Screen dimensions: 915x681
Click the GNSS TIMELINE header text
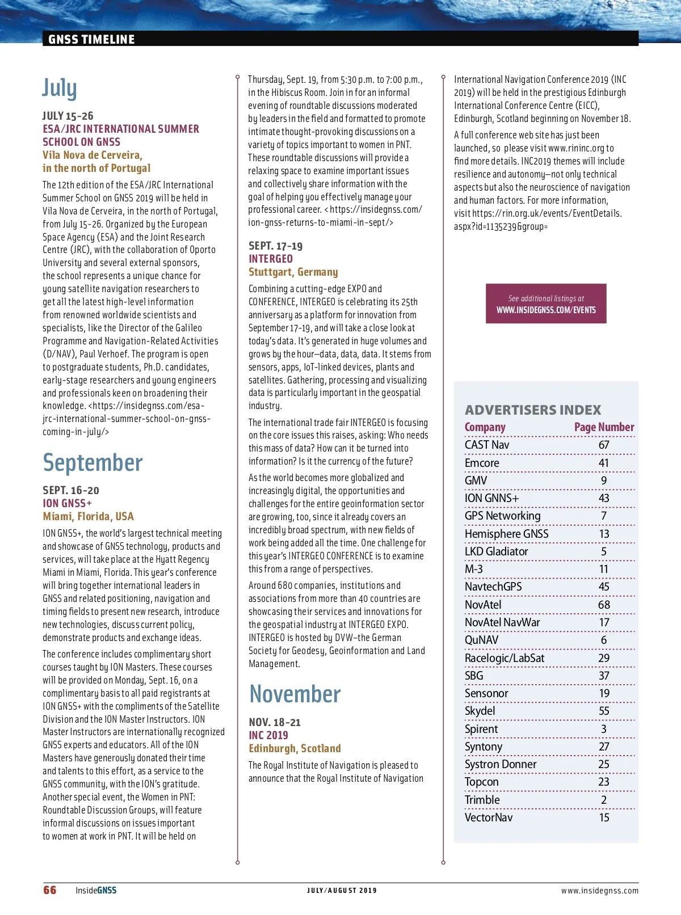click(91, 39)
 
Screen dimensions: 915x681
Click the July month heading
click(60, 88)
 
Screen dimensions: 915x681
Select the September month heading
click(93, 463)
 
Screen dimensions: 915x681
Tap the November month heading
click(295, 694)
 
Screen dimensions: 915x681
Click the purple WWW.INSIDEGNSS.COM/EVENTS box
click(546, 304)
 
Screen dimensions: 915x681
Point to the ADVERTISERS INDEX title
click(533, 410)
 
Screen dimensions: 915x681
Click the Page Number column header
click(604, 427)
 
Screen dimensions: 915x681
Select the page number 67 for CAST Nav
click(604, 445)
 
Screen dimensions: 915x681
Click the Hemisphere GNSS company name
click(506, 534)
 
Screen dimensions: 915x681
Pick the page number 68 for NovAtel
click(604, 605)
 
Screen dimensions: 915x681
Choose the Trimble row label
click(482, 800)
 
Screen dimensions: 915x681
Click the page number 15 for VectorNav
click(604, 817)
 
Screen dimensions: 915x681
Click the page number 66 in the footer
click(50, 890)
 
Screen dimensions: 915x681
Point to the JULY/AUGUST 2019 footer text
click(342, 891)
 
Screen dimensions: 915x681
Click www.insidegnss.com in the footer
click(600, 891)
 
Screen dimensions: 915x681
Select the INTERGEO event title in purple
click(271, 259)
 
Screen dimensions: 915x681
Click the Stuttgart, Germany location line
click(293, 272)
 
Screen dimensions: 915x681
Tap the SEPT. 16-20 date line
click(71, 490)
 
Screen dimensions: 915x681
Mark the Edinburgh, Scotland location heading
click(295, 748)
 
